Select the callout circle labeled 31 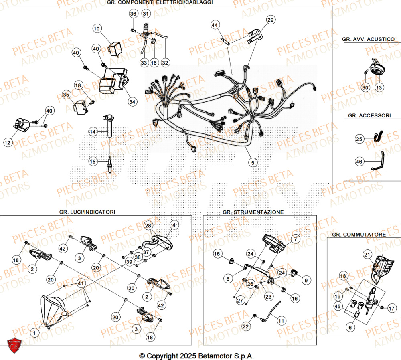145,14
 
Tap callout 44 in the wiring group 215,25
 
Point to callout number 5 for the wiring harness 252,162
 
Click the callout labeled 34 132,102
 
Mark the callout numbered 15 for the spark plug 93,162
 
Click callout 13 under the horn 379,87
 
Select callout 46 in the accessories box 360,162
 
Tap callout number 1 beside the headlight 34,332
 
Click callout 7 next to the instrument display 295,239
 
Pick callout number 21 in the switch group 367,254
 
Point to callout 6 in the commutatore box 350,327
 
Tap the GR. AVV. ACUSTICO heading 368,39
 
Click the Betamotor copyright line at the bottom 196,356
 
